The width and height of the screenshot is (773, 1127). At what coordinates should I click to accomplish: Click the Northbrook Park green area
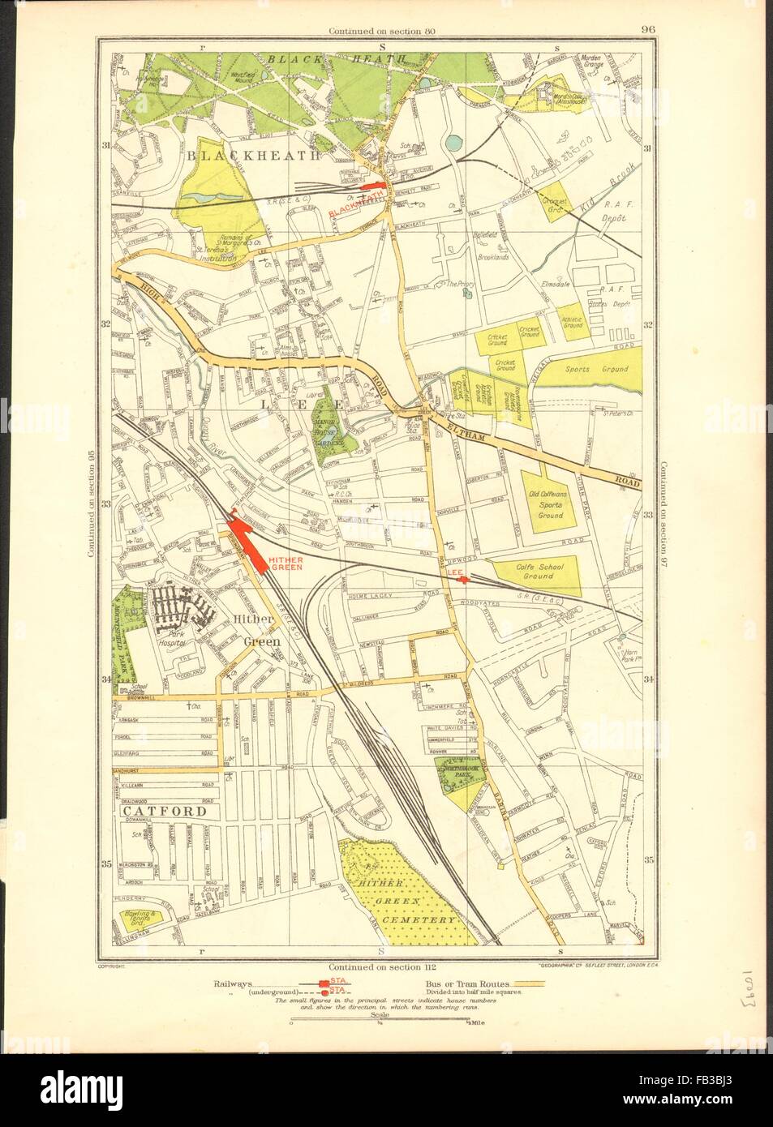pos(459,774)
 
